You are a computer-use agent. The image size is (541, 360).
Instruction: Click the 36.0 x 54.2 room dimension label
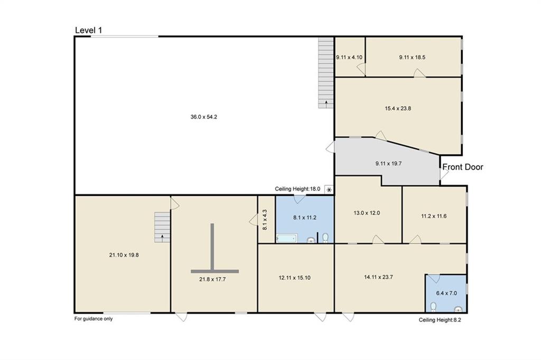pos(203,117)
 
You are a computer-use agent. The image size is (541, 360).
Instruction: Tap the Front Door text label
pos(463,167)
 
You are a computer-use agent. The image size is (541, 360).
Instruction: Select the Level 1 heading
pos(89,30)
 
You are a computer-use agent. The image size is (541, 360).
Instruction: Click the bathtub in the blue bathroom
pos(287,238)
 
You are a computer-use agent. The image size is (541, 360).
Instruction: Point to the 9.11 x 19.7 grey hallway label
pos(388,164)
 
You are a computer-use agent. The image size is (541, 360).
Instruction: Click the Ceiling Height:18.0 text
pos(297,189)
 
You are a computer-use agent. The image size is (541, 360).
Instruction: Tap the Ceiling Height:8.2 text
pos(440,320)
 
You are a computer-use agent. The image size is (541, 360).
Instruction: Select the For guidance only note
pos(94,319)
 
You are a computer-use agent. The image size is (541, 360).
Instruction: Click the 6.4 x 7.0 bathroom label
pos(446,293)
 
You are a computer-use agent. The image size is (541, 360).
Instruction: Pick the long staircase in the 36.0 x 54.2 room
pos(325,73)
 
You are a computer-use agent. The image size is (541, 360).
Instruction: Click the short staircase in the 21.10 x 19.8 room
pos(162,227)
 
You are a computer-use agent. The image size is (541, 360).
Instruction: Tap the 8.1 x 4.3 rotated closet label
pos(265,220)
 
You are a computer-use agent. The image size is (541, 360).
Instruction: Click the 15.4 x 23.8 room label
pos(398,108)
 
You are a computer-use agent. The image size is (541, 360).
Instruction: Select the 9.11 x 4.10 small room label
pos(349,57)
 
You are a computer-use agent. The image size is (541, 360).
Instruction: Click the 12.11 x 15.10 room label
pos(294,278)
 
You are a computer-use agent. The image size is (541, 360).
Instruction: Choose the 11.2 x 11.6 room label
pos(434,216)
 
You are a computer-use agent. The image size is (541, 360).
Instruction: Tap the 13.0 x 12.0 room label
pos(367,213)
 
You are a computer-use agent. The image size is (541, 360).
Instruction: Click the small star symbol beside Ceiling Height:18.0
pos(329,190)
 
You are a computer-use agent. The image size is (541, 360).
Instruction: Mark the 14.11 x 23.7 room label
pos(378,277)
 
